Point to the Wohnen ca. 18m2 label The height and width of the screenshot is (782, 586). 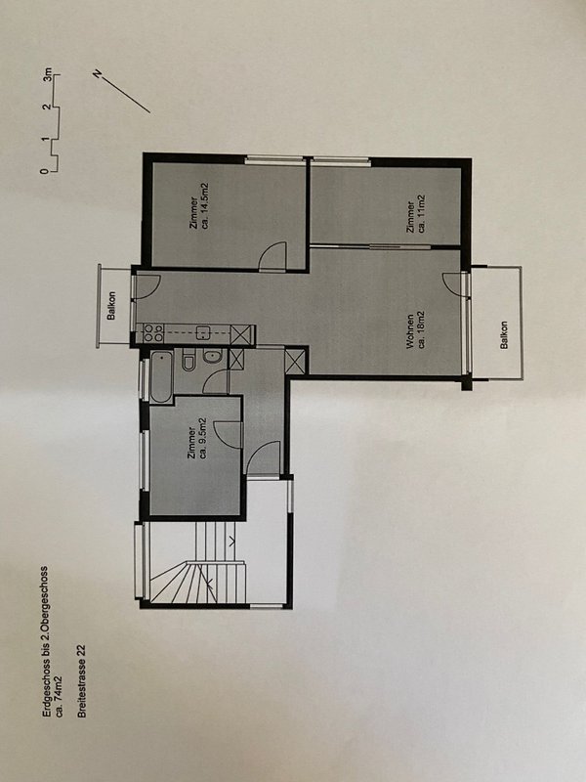click(x=414, y=330)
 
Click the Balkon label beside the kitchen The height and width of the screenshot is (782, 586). click(x=111, y=305)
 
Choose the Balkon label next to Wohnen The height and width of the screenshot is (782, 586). click(x=504, y=334)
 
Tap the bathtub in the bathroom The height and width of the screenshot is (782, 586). click(x=161, y=376)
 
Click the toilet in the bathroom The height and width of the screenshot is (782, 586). click(x=188, y=360)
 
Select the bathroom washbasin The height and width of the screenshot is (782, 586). click(x=212, y=357)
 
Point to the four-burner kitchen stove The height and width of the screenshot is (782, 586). click(x=152, y=332)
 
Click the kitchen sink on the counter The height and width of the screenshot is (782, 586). click(x=204, y=332)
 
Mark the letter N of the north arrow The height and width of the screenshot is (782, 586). click(x=97, y=74)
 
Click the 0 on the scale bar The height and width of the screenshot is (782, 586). click(x=45, y=170)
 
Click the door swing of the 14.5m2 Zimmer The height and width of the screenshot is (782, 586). click(x=273, y=256)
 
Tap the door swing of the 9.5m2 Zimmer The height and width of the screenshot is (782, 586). click(x=229, y=434)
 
